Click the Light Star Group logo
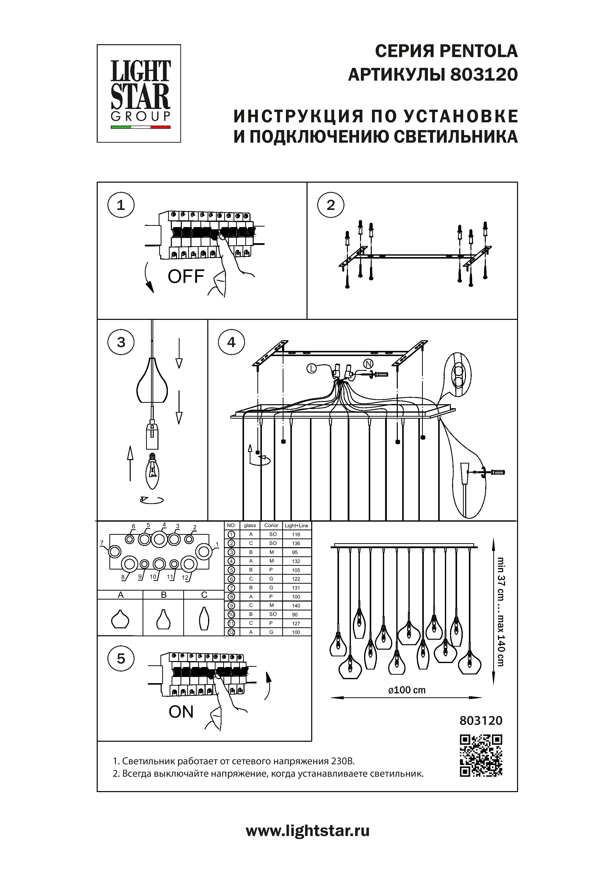tap(139, 93)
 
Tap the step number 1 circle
tap(121, 205)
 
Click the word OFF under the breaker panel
tap(186, 277)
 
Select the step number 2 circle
tap(331, 205)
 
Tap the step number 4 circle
tap(231, 342)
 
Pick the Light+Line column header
tap(297, 525)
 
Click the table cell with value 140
tap(296, 606)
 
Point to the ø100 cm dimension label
tap(407, 690)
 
